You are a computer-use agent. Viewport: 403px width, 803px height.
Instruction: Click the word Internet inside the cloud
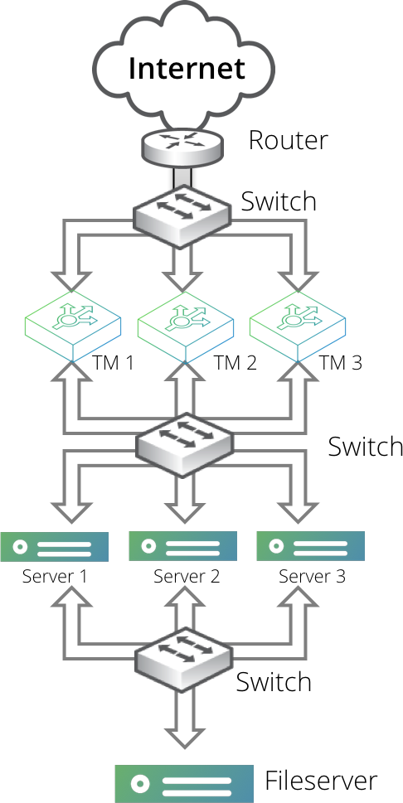coord(187,67)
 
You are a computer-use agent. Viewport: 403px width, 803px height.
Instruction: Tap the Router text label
coord(288,140)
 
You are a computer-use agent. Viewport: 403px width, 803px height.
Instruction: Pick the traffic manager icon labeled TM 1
coord(72,322)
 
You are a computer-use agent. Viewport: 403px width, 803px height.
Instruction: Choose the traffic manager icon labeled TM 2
coord(184,322)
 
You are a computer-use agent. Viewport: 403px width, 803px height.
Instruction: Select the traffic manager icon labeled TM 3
coord(297,322)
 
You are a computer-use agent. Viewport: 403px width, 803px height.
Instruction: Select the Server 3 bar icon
coord(310,547)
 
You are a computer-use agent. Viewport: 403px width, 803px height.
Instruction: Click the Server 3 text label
coord(311,576)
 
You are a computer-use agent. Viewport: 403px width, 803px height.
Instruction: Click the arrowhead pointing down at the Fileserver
coord(183,736)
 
